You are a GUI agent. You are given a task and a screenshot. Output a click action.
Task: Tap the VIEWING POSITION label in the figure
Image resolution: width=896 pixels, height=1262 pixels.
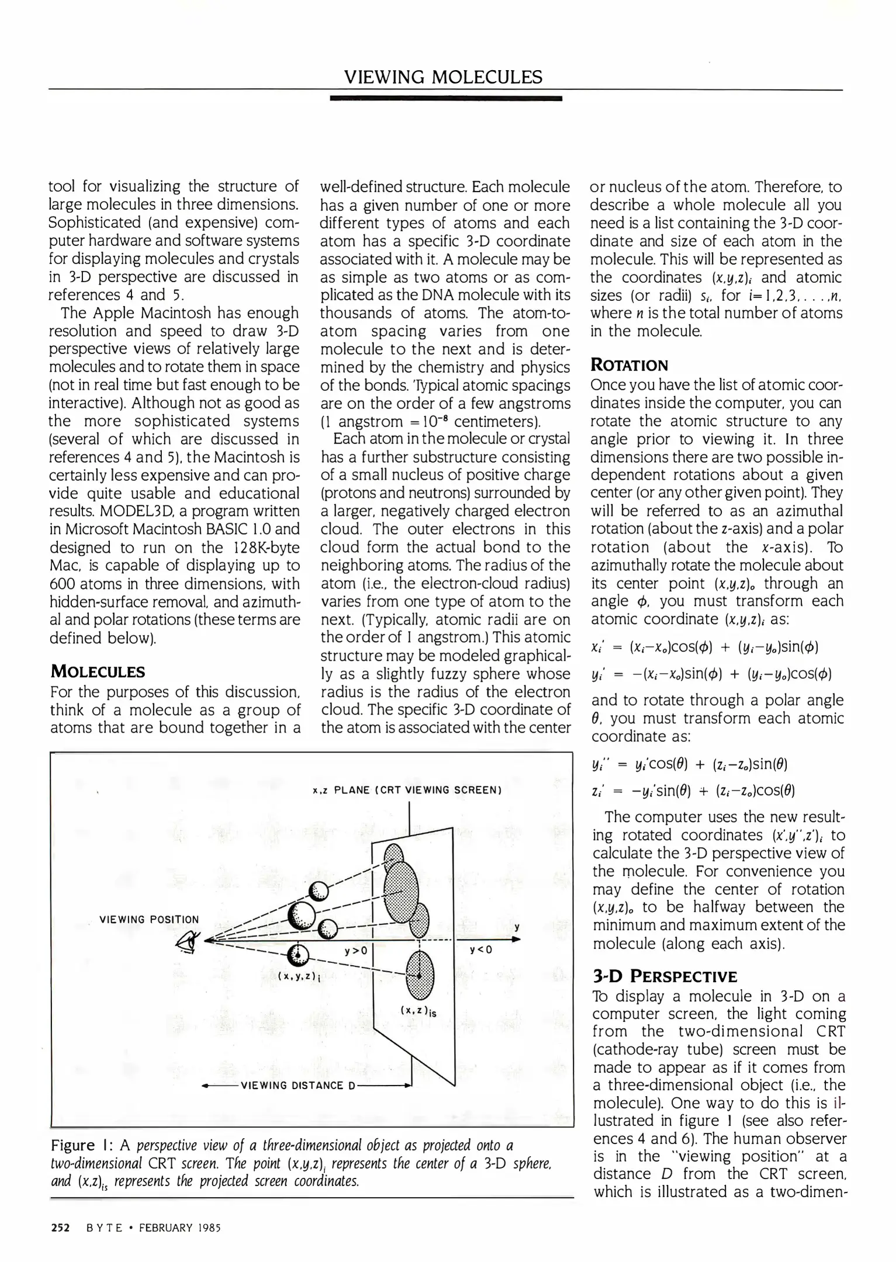point(149,919)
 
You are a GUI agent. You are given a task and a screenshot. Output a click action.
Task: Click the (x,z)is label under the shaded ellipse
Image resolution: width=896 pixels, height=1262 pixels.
point(419,1010)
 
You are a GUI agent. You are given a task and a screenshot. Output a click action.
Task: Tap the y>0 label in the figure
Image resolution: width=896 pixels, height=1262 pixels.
point(355,950)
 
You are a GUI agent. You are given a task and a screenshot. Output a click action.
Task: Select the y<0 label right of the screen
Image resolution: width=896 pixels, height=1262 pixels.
point(481,950)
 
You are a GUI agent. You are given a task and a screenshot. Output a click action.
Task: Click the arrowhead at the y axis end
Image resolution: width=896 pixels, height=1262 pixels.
point(516,939)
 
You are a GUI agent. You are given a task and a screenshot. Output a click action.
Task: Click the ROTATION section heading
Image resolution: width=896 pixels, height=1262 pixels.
point(629,366)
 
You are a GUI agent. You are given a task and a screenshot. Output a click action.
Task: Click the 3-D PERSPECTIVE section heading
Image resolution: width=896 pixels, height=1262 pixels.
point(665,976)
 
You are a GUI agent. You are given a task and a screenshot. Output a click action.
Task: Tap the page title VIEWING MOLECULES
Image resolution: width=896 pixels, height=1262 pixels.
point(443,77)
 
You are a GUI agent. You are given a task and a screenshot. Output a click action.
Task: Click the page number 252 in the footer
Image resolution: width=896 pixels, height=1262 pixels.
point(60,1228)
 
